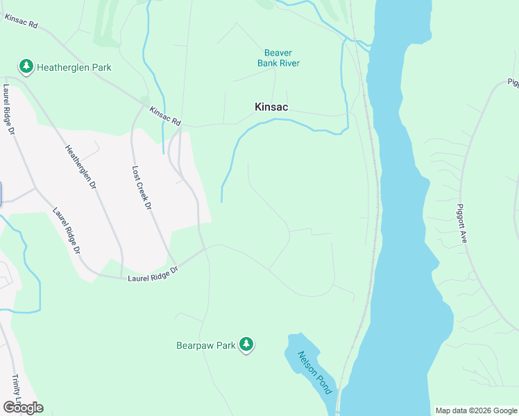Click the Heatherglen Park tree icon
click(x=26, y=67)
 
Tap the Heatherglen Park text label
click(x=74, y=68)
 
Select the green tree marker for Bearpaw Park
click(x=246, y=344)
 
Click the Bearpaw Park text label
click(x=206, y=344)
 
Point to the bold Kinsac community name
click(x=271, y=107)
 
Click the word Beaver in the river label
click(x=278, y=53)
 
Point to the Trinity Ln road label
click(x=16, y=392)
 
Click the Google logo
click(x=23, y=407)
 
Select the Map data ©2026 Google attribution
click(x=475, y=410)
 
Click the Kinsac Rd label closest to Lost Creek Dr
click(x=164, y=115)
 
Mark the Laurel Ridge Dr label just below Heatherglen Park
click(x=9, y=109)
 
